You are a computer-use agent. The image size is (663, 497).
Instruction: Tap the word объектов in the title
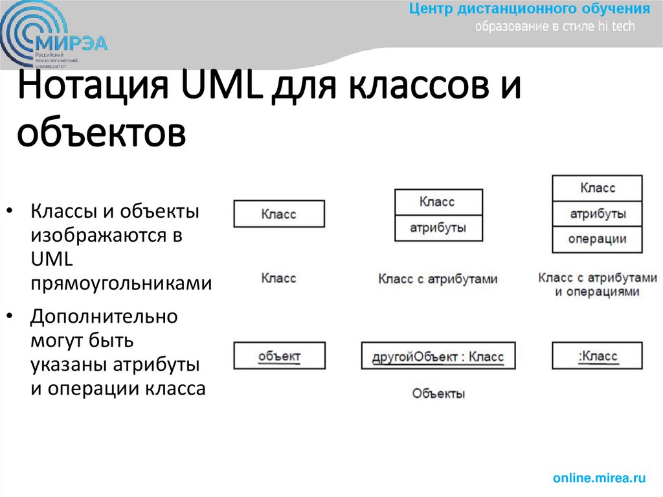[101, 133]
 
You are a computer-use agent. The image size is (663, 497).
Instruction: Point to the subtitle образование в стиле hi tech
[556, 27]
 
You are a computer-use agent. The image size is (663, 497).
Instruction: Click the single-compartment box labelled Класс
[279, 214]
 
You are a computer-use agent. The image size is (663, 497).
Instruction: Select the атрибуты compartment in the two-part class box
[438, 228]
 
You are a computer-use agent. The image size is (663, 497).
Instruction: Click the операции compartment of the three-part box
[597, 239]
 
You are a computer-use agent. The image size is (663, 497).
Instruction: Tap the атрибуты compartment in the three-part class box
[597, 214]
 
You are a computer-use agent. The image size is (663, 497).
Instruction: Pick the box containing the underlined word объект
[279, 356]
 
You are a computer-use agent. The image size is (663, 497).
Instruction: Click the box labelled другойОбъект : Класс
[438, 356]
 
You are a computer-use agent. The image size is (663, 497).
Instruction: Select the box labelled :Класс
[597, 356]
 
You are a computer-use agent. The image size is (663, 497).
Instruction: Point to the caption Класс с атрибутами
[438, 279]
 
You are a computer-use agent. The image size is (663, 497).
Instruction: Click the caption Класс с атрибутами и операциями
[597, 284]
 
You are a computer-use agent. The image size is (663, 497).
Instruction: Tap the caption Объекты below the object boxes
[438, 393]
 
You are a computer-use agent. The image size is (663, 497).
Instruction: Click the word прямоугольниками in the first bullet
[121, 283]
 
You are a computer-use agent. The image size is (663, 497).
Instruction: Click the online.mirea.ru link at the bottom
[599, 478]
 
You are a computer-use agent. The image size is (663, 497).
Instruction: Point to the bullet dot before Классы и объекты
[10, 212]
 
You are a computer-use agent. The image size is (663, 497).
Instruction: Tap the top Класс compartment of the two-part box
[438, 202]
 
